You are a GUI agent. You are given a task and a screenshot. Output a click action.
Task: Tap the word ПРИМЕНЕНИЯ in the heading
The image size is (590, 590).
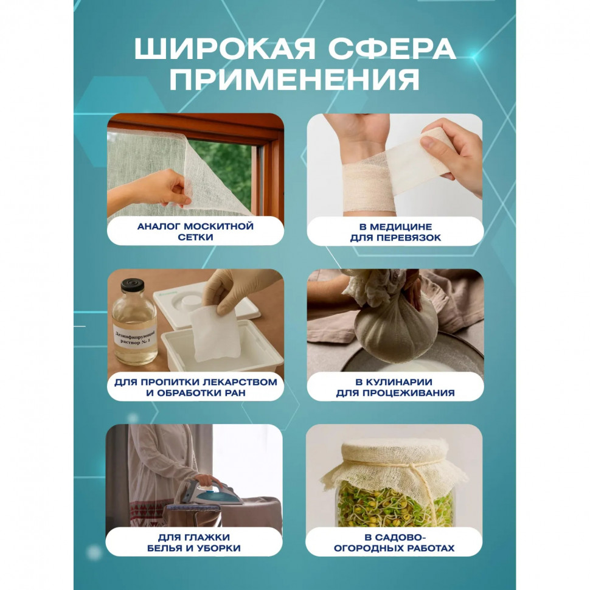pos(294,80)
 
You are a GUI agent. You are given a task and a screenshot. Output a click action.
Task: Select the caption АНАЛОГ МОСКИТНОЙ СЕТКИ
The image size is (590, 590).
pos(195,231)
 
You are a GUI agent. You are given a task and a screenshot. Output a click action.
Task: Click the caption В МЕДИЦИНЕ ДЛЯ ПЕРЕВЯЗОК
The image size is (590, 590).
pos(395,231)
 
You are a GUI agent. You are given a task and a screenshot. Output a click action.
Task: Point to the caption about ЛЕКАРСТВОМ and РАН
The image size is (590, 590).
pos(195,387)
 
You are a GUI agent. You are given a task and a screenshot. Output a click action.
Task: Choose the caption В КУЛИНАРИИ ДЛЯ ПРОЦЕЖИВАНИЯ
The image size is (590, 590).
pos(395,387)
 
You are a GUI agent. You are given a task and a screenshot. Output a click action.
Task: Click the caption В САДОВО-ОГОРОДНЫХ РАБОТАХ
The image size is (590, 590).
pos(395,542)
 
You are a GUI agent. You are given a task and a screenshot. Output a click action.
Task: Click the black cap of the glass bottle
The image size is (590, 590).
pos(132,284)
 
